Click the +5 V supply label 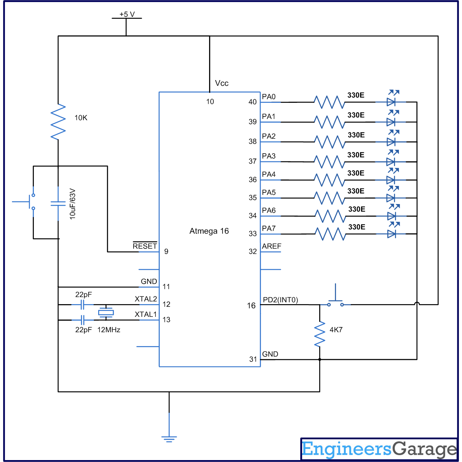(x=127, y=14)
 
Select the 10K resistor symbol (x=58, y=122)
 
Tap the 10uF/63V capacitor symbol (x=58, y=203)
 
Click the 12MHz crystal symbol (x=106, y=312)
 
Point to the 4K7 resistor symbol (x=320, y=334)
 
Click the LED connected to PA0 (x=391, y=102)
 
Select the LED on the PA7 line (x=392, y=233)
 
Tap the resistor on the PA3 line (x=329, y=162)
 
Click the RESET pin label (x=145, y=246)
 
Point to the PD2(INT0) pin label (x=280, y=300)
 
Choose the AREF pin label (x=271, y=246)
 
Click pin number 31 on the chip (x=253, y=359)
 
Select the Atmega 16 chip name (x=209, y=231)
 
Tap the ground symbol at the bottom (x=169, y=438)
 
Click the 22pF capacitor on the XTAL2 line (x=82, y=305)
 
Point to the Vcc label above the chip (x=222, y=83)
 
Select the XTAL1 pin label (x=146, y=315)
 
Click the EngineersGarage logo (x=379, y=449)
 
